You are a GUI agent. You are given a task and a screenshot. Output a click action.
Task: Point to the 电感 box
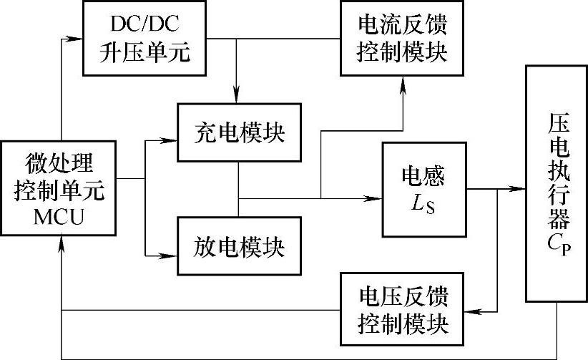point(423,190)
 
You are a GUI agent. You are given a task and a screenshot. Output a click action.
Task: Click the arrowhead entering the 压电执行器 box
point(521,190)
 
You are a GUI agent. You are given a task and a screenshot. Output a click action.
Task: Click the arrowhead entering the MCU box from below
point(63,243)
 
